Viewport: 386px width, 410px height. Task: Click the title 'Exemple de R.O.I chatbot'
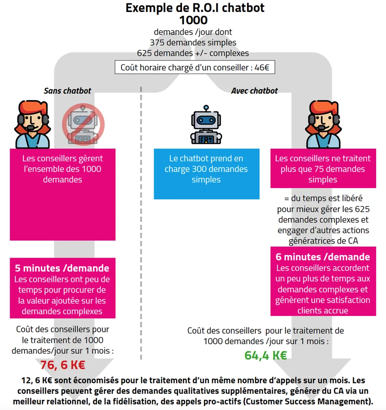click(194, 8)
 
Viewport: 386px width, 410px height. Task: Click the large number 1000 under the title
click(193, 20)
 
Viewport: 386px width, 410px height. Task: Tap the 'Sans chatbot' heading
click(67, 91)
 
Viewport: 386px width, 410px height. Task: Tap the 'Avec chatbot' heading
click(254, 91)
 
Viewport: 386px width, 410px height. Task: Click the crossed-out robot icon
click(83, 124)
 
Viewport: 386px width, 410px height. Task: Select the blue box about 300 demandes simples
click(206, 174)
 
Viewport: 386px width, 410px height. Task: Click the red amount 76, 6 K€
click(63, 365)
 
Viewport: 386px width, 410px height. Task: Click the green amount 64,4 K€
click(266, 356)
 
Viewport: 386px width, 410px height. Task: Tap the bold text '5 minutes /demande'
click(62, 268)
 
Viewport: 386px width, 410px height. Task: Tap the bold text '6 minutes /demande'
click(323, 257)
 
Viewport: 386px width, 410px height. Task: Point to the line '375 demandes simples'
click(193, 43)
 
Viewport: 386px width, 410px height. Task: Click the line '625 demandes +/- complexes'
click(193, 53)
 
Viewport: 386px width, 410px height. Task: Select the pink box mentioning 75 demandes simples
click(323, 169)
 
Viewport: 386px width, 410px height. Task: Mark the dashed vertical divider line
click(141, 213)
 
